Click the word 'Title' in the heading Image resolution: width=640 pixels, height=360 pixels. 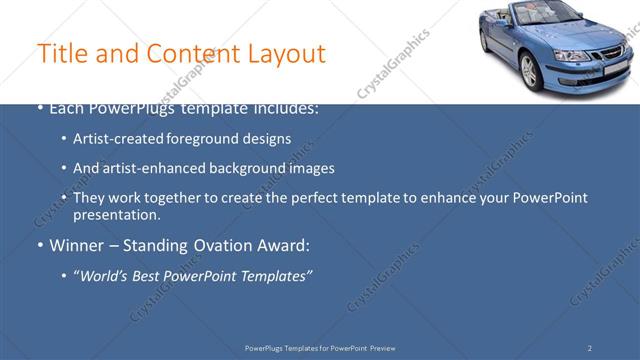point(58,53)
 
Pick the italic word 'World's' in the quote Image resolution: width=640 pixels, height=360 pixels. point(105,275)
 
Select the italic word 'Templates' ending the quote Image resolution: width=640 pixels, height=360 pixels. point(275,275)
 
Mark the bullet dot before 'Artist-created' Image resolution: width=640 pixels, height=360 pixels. point(64,140)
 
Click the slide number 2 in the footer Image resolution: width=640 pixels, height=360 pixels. point(590,348)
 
